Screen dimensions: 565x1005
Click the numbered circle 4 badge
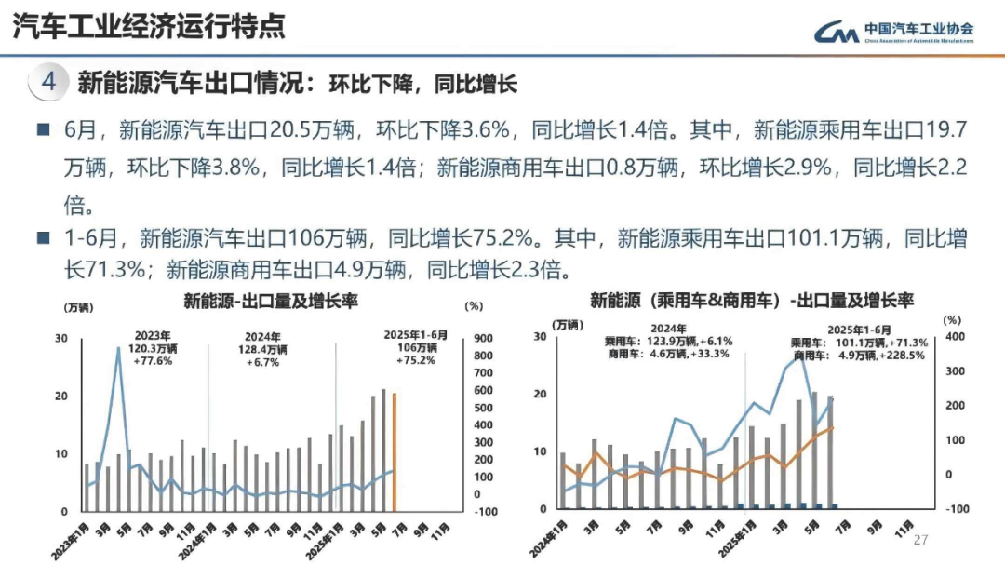pos(48,83)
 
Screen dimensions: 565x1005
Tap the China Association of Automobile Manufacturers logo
pos(894,33)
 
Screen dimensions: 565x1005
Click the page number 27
pos(921,541)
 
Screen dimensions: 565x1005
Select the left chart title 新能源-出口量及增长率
pos(271,301)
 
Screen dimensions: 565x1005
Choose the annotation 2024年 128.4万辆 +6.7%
pos(265,349)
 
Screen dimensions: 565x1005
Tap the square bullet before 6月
pos(43,129)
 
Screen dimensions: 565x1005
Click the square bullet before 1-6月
pos(43,237)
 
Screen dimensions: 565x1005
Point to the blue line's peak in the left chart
pos(119,348)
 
